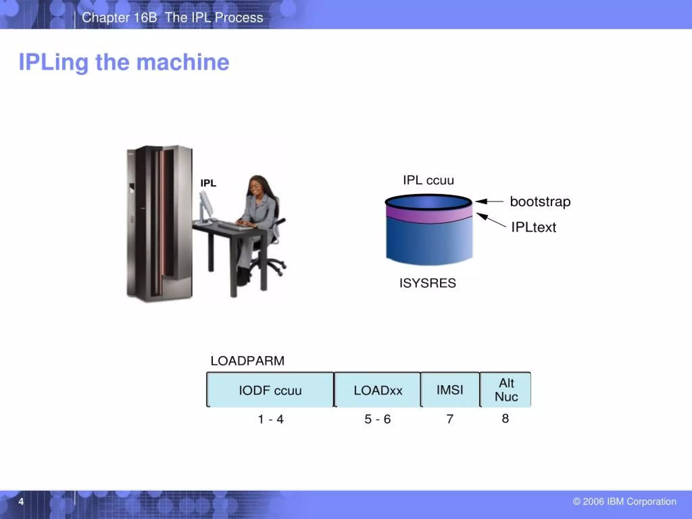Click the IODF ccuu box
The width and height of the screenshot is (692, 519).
coord(270,390)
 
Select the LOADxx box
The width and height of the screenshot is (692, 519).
coord(377,390)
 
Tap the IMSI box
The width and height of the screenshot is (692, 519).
coord(450,390)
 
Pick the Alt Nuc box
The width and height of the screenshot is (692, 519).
coord(506,390)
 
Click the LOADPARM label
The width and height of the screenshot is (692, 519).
coord(247,361)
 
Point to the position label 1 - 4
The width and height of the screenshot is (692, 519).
coord(270,419)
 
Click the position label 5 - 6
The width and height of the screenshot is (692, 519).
coord(377,419)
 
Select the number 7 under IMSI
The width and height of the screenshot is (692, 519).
coord(450,419)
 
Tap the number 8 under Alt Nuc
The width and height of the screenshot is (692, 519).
coord(505,418)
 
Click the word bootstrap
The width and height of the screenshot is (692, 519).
coord(540,202)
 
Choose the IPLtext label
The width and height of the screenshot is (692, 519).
coord(534,227)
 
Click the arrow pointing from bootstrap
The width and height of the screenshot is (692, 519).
coord(489,201)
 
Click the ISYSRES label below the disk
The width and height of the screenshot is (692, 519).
coord(427,283)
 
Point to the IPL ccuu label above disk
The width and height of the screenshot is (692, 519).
coord(428,180)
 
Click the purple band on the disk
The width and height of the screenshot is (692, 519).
coord(428,215)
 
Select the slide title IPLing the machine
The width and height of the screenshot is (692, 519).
coord(124,62)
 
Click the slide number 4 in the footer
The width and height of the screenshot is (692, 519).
coord(21,501)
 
